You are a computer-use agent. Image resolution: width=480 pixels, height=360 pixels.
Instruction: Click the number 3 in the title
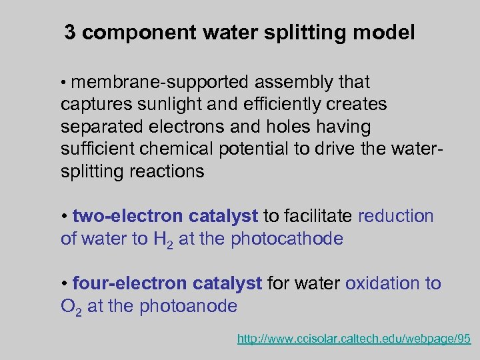70,32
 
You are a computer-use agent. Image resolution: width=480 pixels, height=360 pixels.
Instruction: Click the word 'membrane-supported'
156,83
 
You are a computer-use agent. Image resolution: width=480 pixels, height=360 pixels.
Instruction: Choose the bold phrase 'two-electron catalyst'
165,216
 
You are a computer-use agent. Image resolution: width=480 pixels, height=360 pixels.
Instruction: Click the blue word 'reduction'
396,216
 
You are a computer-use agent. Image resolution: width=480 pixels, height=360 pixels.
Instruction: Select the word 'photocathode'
287,239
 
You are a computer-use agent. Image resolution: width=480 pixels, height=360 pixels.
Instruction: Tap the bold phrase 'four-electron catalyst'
167,283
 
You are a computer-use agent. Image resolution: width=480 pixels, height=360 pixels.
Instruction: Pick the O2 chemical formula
71,307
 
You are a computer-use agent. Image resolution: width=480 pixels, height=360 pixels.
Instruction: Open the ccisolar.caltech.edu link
354,339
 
